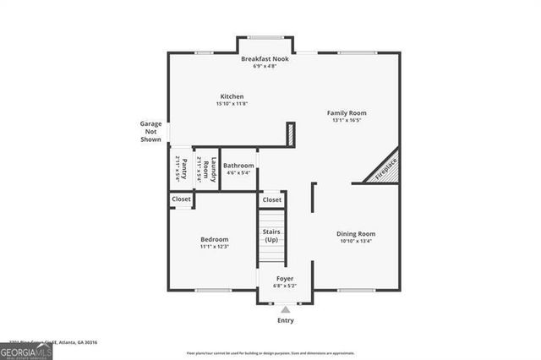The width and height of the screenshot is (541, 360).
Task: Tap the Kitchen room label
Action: [x=232, y=96]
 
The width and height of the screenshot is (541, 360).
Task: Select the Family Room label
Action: [x=347, y=112]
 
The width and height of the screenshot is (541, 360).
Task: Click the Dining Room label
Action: [x=355, y=233]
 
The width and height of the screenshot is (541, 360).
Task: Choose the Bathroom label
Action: [x=238, y=166]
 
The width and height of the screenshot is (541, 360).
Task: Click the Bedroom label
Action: [x=214, y=239]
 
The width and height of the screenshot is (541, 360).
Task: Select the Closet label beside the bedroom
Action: [x=181, y=199]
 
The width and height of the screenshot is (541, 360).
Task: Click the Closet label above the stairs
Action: [x=272, y=200]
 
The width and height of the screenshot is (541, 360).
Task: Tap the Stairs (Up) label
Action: [x=271, y=236]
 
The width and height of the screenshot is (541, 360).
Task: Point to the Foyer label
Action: [x=285, y=278]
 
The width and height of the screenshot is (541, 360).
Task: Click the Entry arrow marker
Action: [x=285, y=309]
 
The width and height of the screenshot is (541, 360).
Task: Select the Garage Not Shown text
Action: [x=150, y=131]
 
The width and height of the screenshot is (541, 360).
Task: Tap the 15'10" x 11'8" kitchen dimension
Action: [x=232, y=103]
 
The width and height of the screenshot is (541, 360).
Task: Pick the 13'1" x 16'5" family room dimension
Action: [x=347, y=120]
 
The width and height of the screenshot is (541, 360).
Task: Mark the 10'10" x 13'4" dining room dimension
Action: [x=355, y=241]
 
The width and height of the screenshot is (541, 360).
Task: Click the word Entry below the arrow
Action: [x=286, y=321]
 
